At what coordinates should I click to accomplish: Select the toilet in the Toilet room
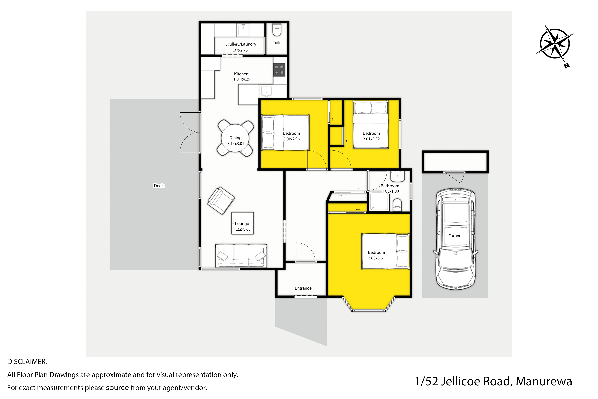pyautogui.click(x=277, y=30)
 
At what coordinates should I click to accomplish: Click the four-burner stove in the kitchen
pyautogui.click(x=279, y=70)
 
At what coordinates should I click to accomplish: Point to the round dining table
pyautogui.click(x=235, y=138)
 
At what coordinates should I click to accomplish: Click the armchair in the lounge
pyautogui.click(x=221, y=200)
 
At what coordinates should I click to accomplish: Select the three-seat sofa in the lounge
pyautogui.click(x=241, y=256)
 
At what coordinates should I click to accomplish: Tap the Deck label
pyautogui.click(x=159, y=186)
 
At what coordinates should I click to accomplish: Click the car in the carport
pyautogui.click(x=455, y=239)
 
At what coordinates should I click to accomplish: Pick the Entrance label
pyautogui.click(x=303, y=288)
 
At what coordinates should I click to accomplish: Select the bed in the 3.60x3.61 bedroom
pyautogui.click(x=385, y=251)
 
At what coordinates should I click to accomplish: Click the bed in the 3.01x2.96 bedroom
pyautogui.click(x=285, y=133)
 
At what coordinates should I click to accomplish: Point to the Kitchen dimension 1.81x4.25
pyautogui.click(x=242, y=79)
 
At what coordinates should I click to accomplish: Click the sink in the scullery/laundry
pyautogui.click(x=243, y=30)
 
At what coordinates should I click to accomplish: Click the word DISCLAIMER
pyautogui.click(x=27, y=362)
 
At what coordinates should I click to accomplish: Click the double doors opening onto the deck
pyautogui.click(x=190, y=132)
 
